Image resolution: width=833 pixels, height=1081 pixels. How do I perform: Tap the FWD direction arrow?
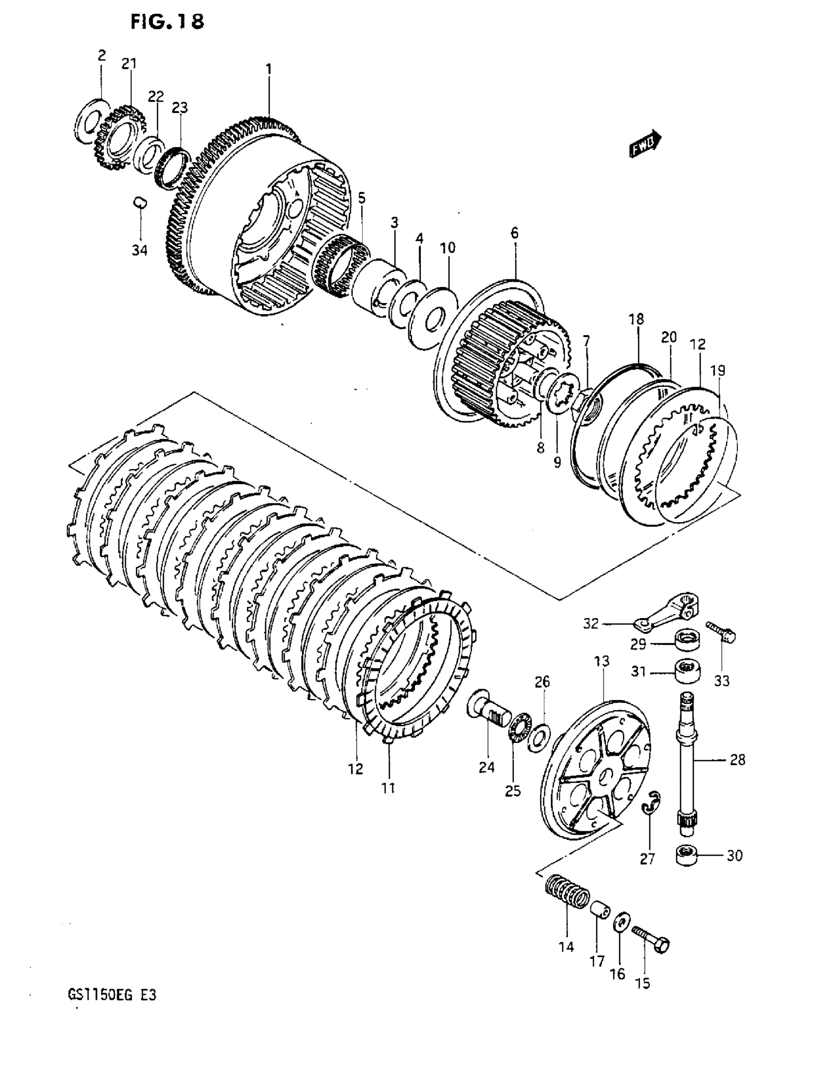[x=645, y=144]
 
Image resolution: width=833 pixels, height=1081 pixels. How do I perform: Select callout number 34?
[x=139, y=250]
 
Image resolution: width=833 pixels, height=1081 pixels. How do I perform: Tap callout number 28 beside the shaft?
[x=737, y=759]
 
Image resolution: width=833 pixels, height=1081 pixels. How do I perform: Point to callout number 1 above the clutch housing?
[x=269, y=69]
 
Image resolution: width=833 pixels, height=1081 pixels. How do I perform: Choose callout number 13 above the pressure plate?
[x=602, y=661]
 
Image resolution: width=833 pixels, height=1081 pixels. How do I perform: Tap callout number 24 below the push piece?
[x=487, y=767]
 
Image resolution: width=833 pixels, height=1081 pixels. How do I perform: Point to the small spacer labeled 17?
[x=600, y=910]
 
